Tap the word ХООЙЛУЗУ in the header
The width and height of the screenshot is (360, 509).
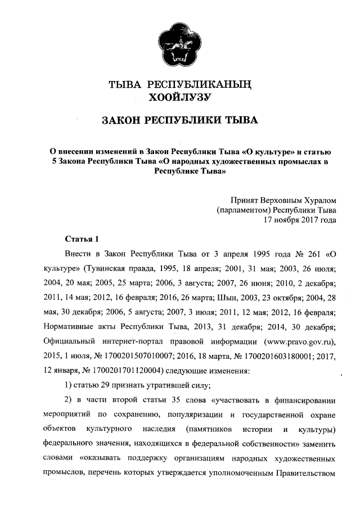[179, 98]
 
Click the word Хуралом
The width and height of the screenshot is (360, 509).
[317, 199]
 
